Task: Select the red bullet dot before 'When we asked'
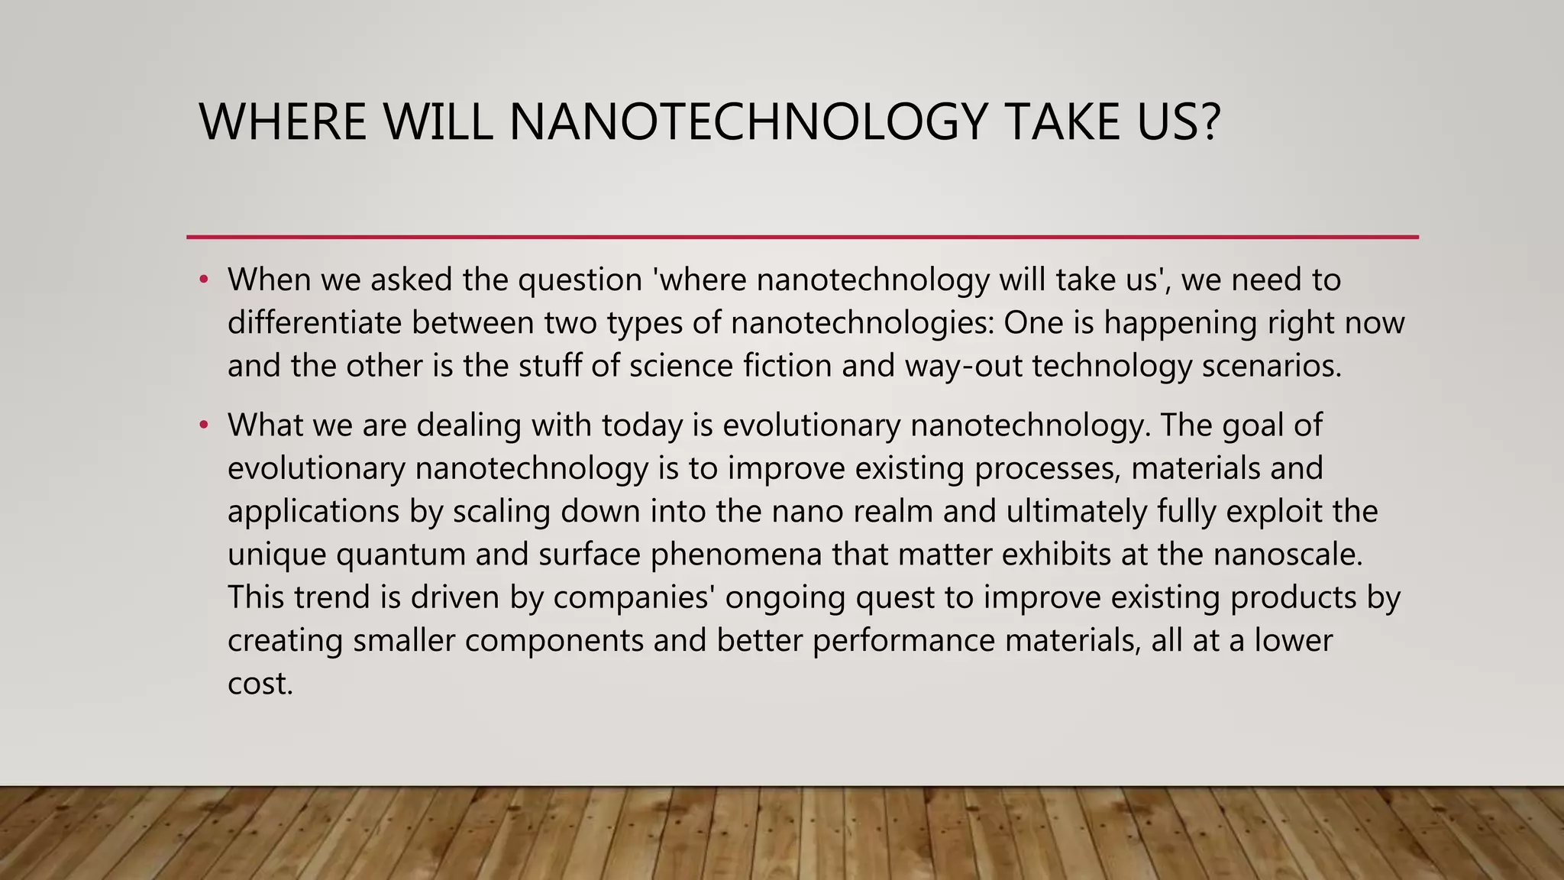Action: (203, 280)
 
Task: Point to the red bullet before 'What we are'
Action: (203, 425)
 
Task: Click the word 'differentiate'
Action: (314, 322)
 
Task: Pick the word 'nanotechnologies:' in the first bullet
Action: (862, 322)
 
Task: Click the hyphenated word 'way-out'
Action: (963, 367)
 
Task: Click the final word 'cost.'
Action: (260, 684)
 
